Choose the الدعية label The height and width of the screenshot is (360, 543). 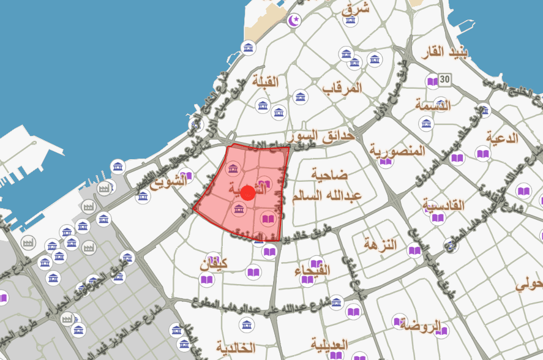pos(502,137)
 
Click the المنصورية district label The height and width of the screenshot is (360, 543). pos(397,151)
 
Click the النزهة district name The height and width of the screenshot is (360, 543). pos(380,245)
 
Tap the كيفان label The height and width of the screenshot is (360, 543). pos(214,265)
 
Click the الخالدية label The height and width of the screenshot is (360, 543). pos(235,348)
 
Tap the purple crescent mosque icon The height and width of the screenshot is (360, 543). pos(296,21)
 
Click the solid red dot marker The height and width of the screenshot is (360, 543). pos(247,193)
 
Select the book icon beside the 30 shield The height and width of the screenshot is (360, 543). pos(432,81)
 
